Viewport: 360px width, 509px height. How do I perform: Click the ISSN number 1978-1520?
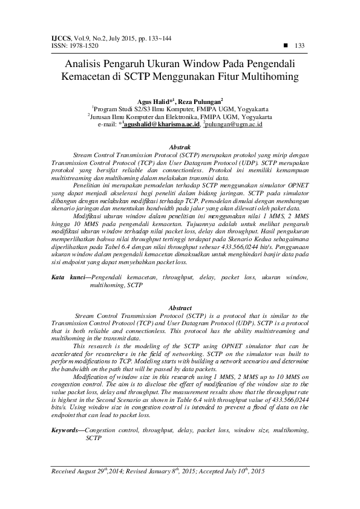(79, 45)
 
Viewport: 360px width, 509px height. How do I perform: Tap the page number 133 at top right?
(298, 45)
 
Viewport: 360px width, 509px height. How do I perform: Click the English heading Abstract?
(180, 308)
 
